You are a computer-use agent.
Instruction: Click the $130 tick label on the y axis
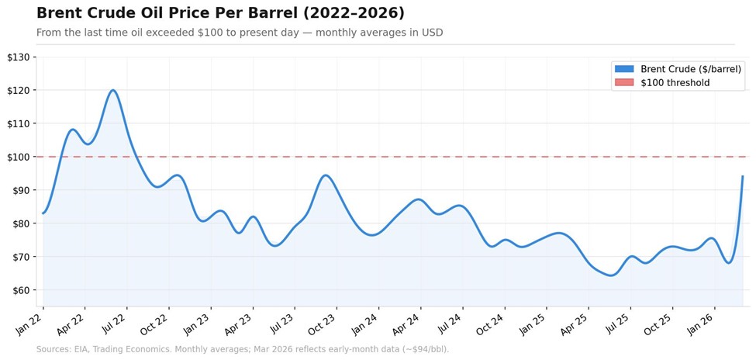(x=19, y=57)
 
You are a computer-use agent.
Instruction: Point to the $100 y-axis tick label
(x=19, y=157)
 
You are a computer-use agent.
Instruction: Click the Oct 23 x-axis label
(x=324, y=324)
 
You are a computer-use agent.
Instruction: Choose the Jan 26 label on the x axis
(x=702, y=324)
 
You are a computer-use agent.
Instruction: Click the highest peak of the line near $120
(x=113, y=90)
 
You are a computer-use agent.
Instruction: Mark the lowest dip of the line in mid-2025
(x=611, y=275)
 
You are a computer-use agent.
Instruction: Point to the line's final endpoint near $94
(x=743, y=177)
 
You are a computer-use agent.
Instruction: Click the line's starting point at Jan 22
(x=43, y=213)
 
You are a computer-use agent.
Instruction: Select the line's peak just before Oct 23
(x=326, y=175)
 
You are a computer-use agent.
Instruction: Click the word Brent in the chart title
(x=56, y=13)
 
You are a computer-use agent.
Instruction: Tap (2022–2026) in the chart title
(x=354, y=13)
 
